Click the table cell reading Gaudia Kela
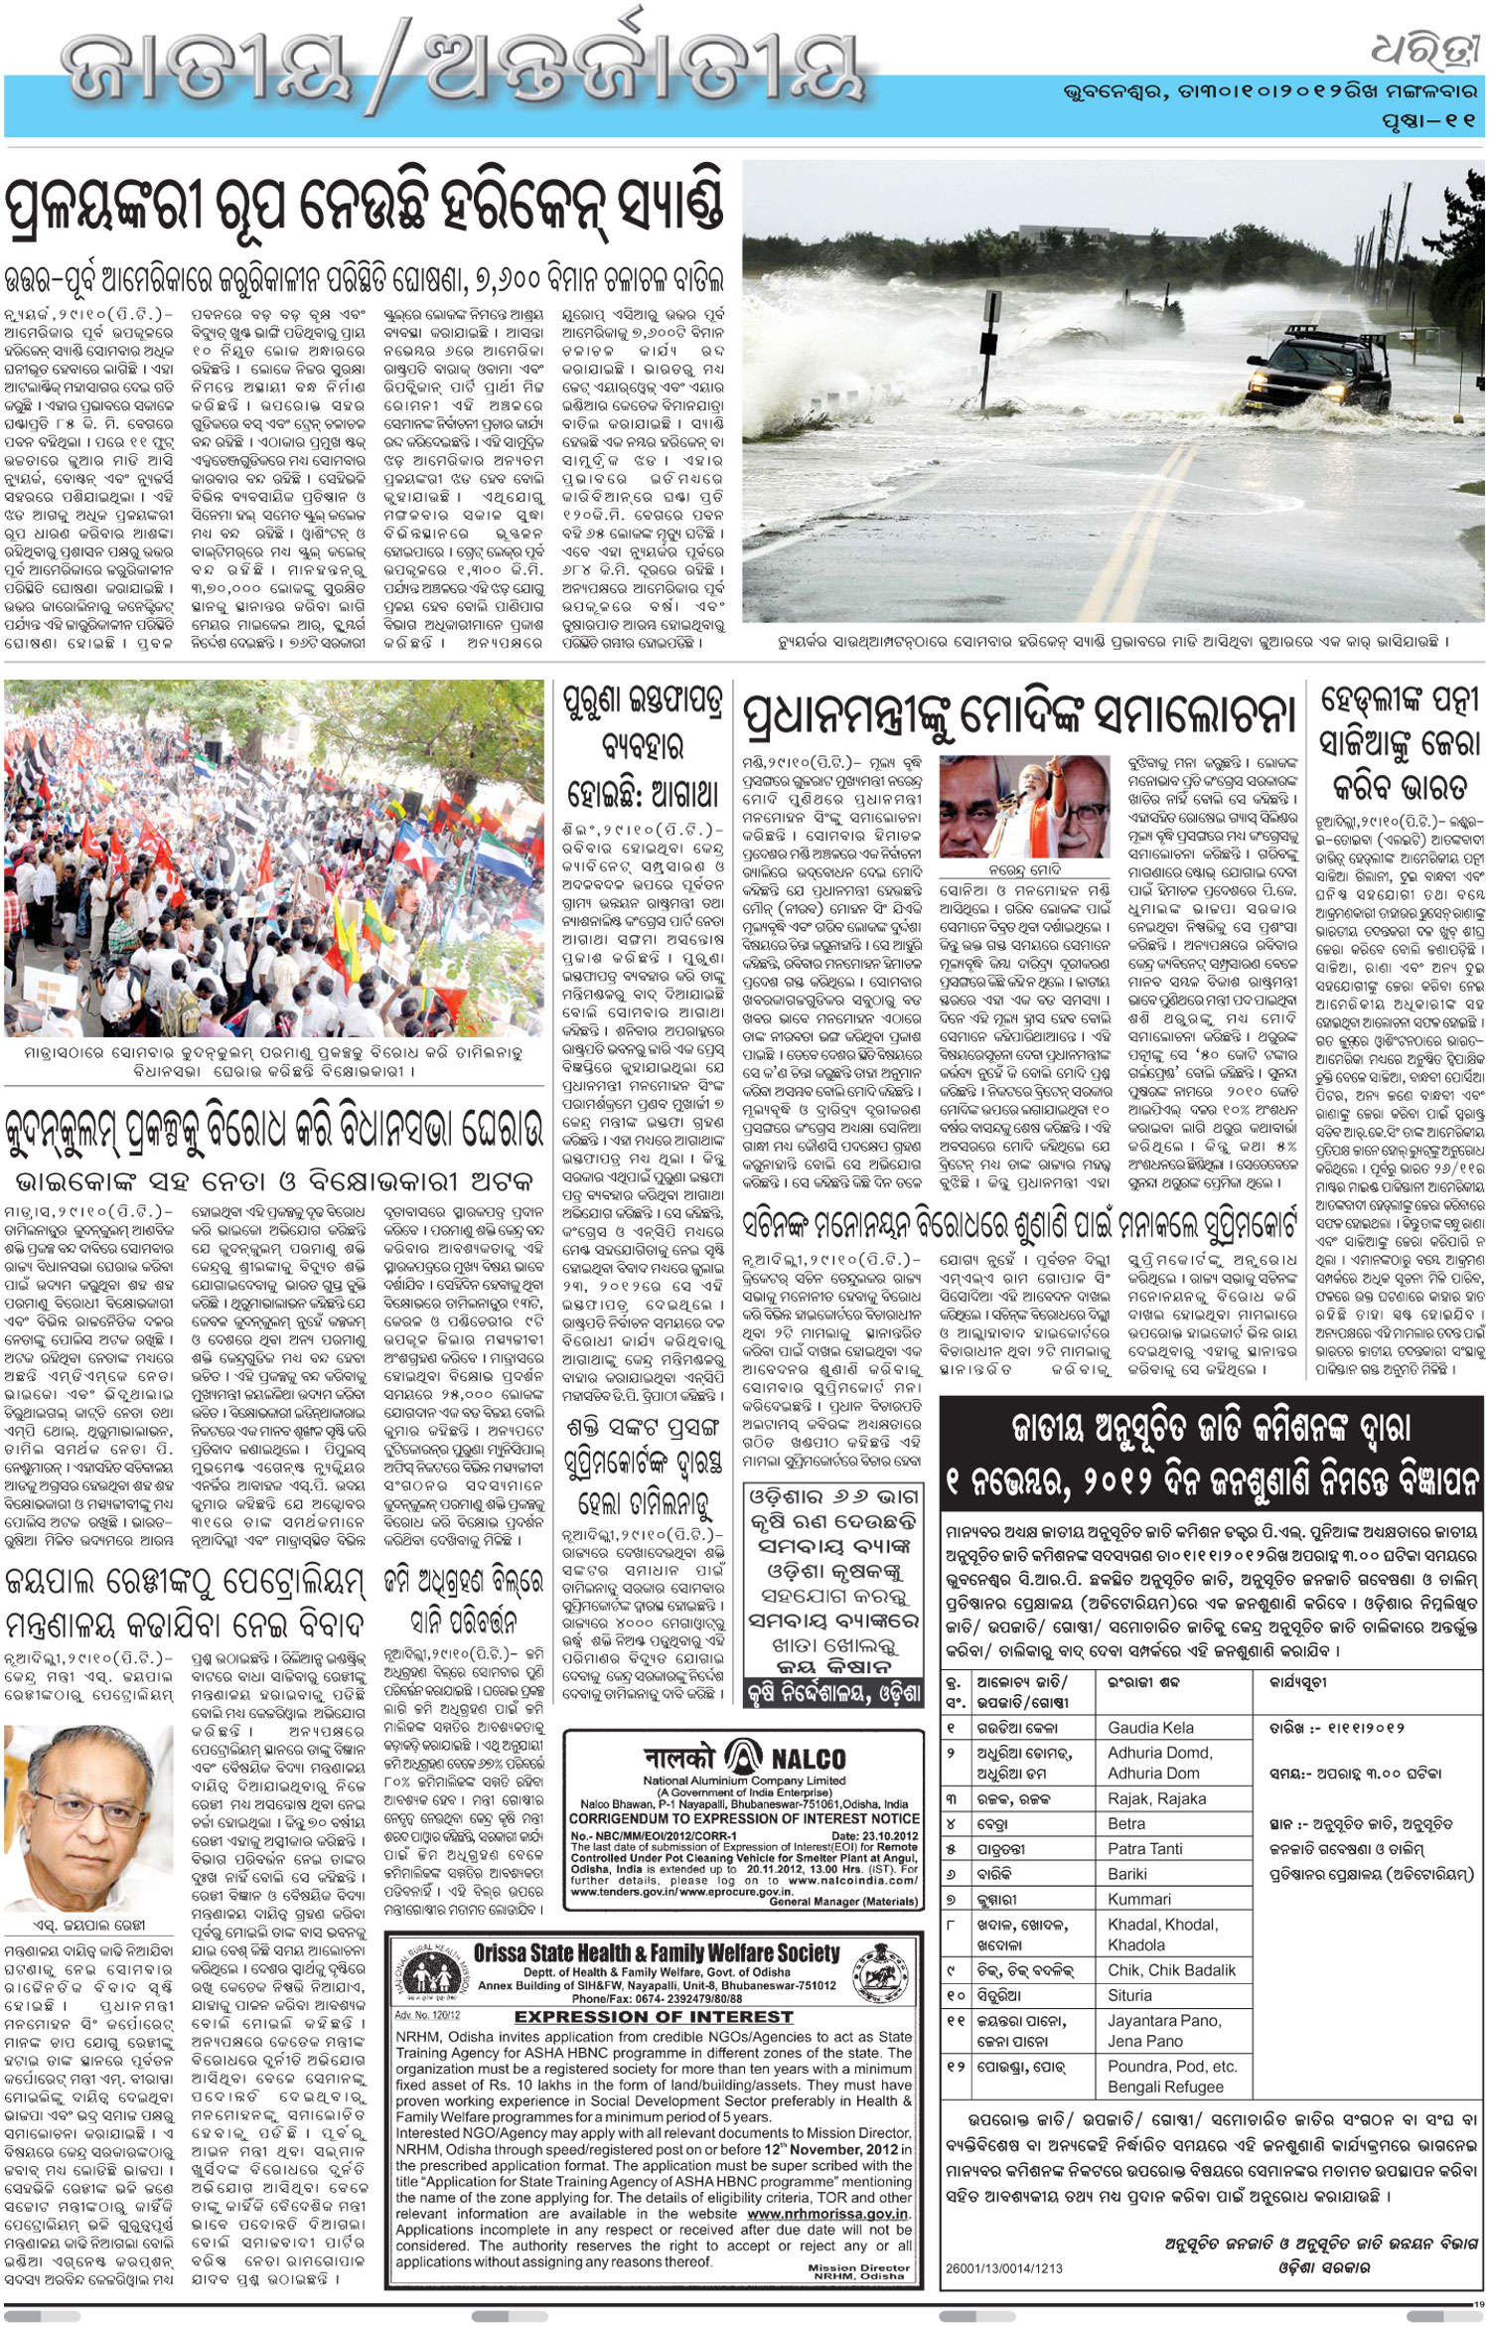1151,1728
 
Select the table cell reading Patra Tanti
1145,1849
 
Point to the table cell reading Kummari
1139,1899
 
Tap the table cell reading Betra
1126,1824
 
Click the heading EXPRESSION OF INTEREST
654,1988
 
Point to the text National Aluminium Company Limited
744,1781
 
